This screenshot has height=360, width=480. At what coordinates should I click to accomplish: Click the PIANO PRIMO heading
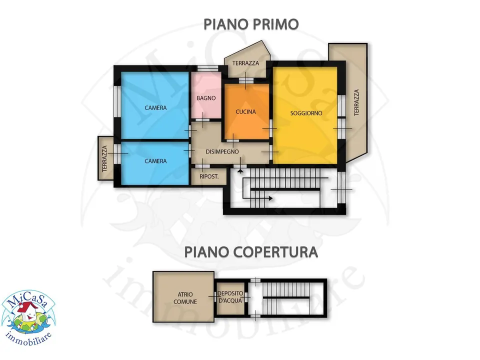(251, 24)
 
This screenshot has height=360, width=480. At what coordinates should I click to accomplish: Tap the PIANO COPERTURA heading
(251, 252)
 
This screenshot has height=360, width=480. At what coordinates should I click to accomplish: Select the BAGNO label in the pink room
(206, 98)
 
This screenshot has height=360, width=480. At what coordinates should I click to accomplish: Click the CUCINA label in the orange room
(245, 111)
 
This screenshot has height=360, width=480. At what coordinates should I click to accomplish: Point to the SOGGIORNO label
(306, 113)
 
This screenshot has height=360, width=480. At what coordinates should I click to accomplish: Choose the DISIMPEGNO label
(222, 151)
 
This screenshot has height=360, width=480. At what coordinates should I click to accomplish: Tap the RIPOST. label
(209, 176)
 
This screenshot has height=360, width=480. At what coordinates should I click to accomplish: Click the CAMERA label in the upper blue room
(155, 108)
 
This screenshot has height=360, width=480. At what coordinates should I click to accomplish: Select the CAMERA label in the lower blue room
(155, 161)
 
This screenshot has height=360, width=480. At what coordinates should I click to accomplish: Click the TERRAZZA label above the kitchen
(245, 63)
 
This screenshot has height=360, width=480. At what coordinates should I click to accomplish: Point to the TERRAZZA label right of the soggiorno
(356, 102)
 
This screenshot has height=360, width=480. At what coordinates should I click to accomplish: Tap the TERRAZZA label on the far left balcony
(104, 158)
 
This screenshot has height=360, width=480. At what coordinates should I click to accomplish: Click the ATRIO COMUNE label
(185, 298)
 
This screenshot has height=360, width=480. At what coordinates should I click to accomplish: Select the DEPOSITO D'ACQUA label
(230, 297)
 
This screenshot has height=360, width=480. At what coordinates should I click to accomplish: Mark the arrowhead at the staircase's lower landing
(270, 198)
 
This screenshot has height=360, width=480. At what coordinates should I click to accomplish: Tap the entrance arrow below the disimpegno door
(240, 170)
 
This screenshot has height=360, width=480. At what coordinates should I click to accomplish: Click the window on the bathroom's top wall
(208, 68)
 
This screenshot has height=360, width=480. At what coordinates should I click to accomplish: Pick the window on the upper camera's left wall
(117, 101)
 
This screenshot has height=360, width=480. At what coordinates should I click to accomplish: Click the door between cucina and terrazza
(246, 80)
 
